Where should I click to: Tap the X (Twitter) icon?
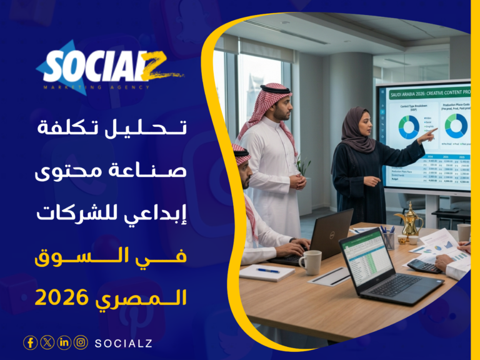click(47, 342)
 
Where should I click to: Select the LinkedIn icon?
click(64, 342)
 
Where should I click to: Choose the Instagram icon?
click(81, 342)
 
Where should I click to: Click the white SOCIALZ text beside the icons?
click(124, 343)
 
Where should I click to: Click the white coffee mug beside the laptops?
click(311, 262)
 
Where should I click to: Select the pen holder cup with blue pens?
click(389, 237)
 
